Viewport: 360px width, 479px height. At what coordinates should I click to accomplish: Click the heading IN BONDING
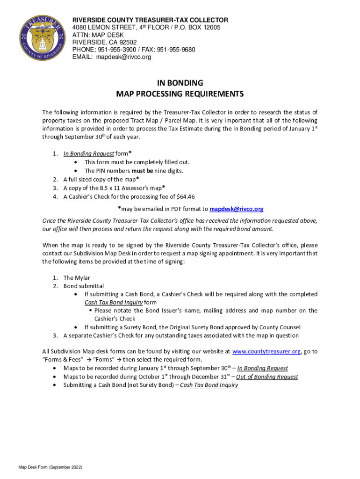[180, 83]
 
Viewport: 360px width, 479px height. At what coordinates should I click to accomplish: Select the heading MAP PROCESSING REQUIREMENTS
[180, 94]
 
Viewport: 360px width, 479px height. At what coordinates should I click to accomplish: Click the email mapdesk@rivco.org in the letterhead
[124, 57]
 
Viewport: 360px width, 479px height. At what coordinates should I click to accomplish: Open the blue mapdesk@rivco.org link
[237, 209]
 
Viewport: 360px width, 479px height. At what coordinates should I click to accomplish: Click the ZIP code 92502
[120, 42]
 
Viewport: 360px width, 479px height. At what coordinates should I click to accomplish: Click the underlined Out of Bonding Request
[267, 377]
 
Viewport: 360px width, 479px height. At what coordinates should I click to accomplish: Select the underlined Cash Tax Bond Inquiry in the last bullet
[209, 385]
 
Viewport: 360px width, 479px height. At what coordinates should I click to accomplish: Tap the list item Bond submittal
[84, 286]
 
